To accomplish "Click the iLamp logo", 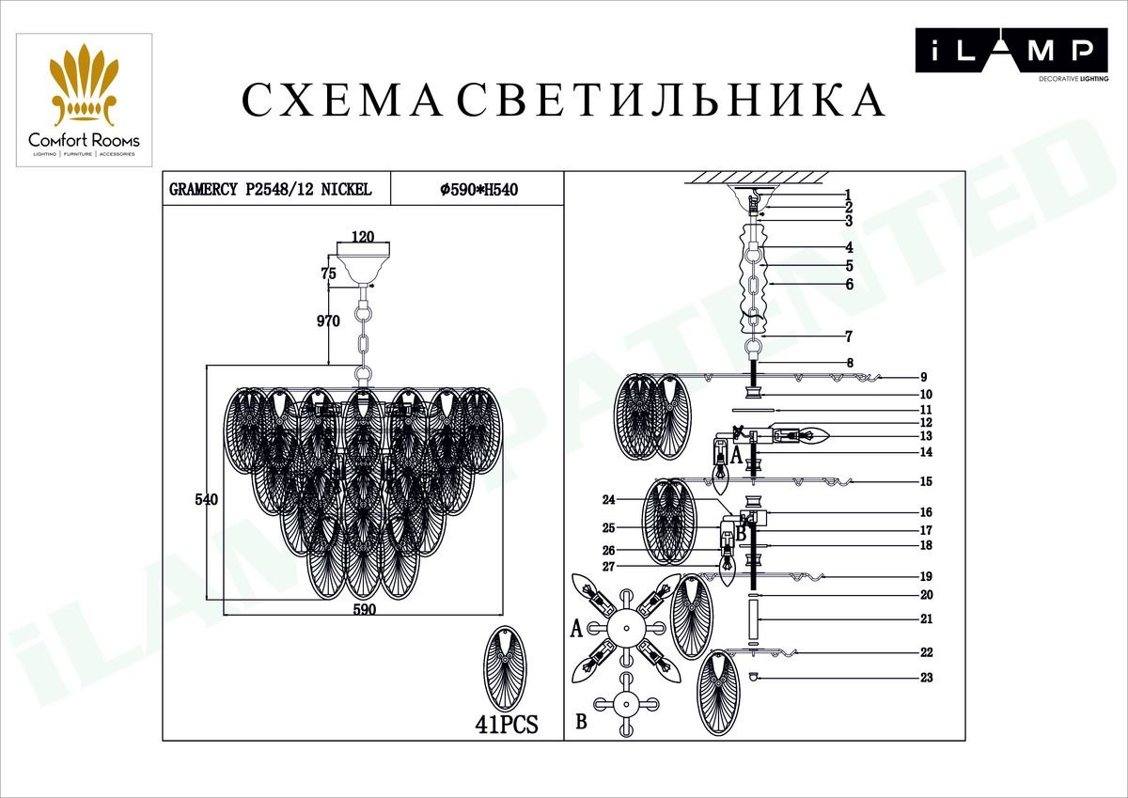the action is tap(1011, 55).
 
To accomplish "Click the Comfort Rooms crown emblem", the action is tap(84, 84).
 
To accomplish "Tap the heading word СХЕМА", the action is tap(342, 100).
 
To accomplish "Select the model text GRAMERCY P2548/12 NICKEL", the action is tap(271, 189).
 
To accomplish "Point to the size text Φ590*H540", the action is tap(478, 190).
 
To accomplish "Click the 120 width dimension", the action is tap(363, 236).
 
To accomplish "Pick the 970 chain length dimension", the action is tap(328, 321).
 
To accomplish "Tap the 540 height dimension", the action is tap(207, 499).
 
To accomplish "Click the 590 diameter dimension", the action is tap(364, 609).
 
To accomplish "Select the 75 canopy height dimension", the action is tap(328, 274).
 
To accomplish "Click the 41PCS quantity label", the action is tap(507, 724).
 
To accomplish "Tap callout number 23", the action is tap(927, 677).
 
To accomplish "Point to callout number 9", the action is tap(923, 377).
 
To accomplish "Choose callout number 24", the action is tap(609, 499).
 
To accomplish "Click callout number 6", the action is tap(850, 285).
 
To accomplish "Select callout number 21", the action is tap(927, 618).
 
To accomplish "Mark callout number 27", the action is tap(609, 567).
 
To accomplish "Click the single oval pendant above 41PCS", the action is tap(505, 668).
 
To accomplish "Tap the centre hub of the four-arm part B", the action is tap(626, 704).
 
